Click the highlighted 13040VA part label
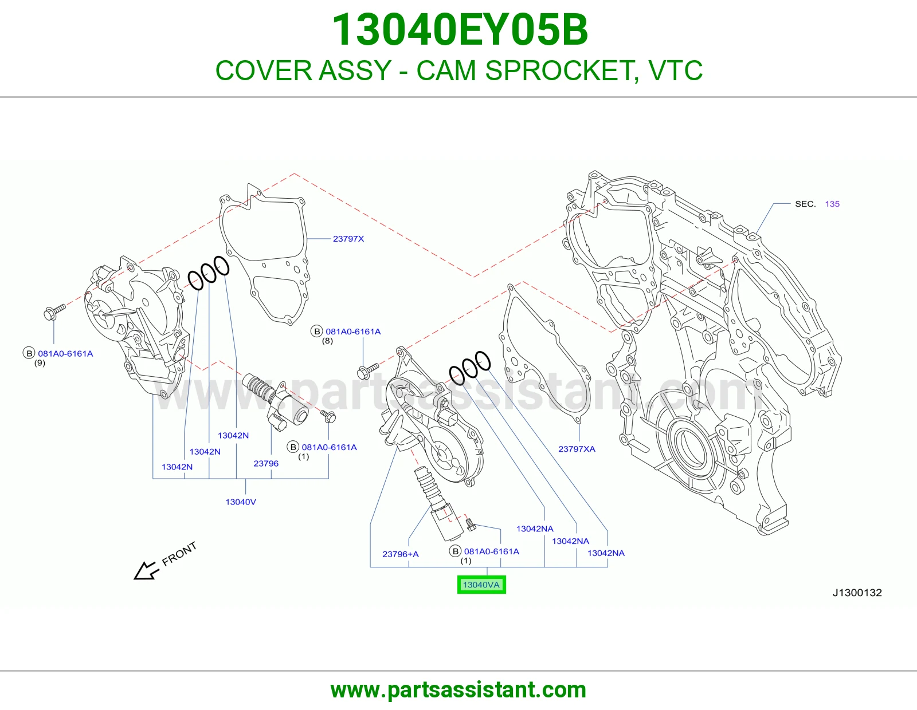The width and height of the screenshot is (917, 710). coord(481,585)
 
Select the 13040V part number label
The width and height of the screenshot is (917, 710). coord(241,502)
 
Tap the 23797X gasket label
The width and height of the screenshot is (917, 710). coord(348,239)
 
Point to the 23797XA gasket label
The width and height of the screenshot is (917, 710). coord(577,448)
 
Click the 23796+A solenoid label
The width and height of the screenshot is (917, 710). coord(401,554)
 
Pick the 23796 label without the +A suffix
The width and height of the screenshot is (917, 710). coord(266,463)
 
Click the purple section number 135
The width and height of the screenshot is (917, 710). coord(832,204)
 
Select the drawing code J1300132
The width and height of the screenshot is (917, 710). coord(857,593)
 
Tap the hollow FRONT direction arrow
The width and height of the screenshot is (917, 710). coord(146,571)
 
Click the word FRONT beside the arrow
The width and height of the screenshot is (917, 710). coord(179,554)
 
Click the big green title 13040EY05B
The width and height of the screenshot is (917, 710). coord(460,30)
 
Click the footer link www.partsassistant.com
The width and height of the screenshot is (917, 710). coord(458,690)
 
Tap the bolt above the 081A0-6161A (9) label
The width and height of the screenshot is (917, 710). coord(54,311)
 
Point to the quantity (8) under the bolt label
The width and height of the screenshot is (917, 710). coord(327,341)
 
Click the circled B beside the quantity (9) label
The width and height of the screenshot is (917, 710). coord(29,353)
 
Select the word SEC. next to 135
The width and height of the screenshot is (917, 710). coord(805,204)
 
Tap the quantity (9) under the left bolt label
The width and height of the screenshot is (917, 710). coord(40,362)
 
